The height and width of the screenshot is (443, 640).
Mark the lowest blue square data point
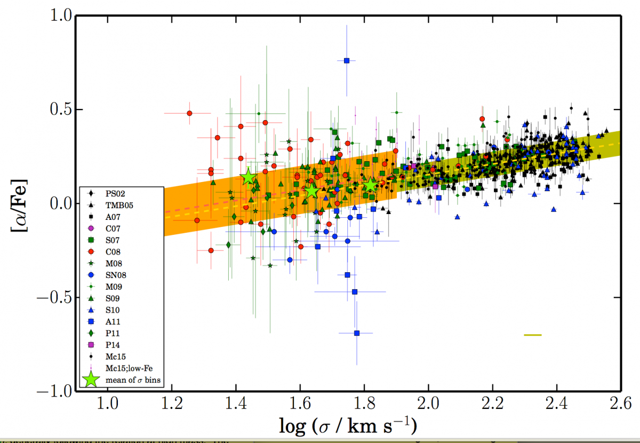tap(357, 333)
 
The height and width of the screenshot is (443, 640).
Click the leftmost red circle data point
tap(189, 113)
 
